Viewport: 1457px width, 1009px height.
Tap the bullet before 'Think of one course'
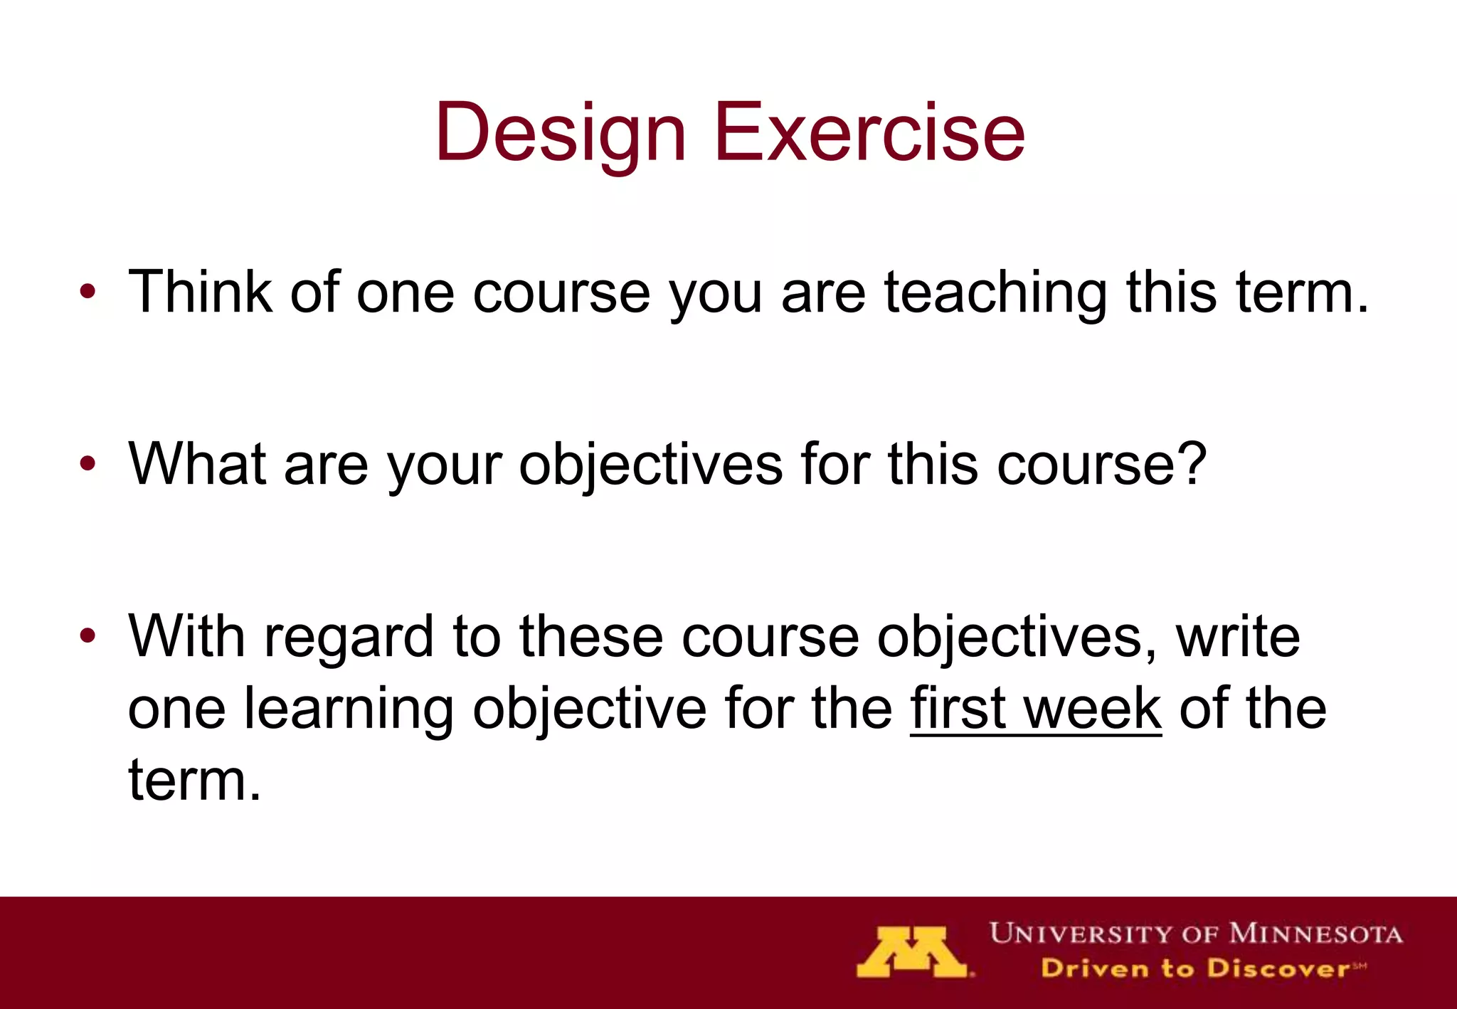88,292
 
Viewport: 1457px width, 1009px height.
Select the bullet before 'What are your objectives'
88,464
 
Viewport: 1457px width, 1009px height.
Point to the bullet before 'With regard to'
88,635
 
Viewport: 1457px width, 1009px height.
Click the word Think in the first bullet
200,292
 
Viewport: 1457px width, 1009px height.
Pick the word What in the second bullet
197,464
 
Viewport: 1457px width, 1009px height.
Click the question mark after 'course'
1191,464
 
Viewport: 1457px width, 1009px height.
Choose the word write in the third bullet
1238,635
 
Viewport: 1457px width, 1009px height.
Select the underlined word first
958,708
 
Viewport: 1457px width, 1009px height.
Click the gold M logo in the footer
913,952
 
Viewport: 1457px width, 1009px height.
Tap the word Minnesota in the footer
1315,933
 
